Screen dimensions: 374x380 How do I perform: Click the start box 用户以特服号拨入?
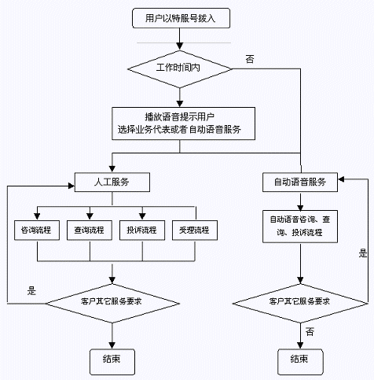[x=181, y=18]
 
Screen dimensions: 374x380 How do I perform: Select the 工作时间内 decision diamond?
[x=180, y=69]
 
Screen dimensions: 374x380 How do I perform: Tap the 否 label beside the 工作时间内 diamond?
[x=250, y=59]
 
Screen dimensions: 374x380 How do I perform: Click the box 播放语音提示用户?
[x=183, y=124]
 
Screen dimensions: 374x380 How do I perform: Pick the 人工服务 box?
[x=112, y=182]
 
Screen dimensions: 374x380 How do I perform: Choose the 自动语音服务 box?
[x=300, y=182]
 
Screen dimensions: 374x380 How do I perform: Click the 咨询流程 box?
[x=37, y=231]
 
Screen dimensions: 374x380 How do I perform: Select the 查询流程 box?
[x=90, y=231]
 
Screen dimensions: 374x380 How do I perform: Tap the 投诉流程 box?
[x=142, y=231]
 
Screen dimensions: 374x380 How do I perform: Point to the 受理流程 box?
[x=195, y=231]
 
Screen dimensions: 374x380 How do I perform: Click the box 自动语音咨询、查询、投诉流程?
[x=300, y=227]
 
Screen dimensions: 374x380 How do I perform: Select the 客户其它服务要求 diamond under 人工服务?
[x=112, y=304]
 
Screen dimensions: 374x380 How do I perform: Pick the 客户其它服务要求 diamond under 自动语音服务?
[x=300, y=304]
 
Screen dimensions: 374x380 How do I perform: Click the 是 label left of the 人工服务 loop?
[x=31, y=291]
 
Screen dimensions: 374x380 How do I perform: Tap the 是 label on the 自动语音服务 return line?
[x=363, y=253]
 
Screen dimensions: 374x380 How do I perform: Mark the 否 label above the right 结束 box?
[x=310, y=332]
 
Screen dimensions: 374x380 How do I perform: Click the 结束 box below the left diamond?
[x=112, y=362]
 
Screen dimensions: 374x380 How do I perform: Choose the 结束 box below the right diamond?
[x=300, y=362]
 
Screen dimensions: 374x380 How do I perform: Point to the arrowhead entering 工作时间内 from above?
[x=180, y=46]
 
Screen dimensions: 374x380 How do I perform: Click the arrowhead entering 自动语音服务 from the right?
[x=341, y=179]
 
